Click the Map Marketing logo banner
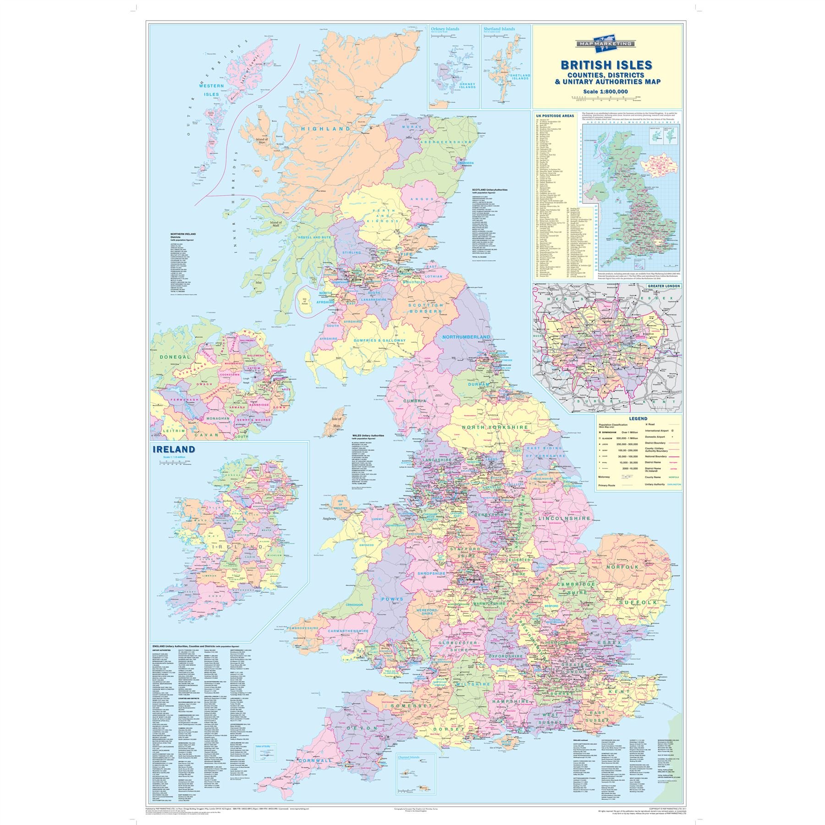point(606,44)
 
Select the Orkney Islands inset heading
point(445,29)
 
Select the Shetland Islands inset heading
point(499,29)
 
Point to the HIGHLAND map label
point(325,129)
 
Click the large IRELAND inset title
point(174,449)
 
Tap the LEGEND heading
point(638,418)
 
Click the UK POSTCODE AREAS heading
point(555,116)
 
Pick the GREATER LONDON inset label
point(664,286)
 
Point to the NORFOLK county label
point(622,567)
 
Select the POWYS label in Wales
point(392,599)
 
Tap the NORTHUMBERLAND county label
point(466,337)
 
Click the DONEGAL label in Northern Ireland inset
point(175,357)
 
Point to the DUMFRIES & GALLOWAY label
point(379,341)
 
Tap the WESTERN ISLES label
point(211,90)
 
